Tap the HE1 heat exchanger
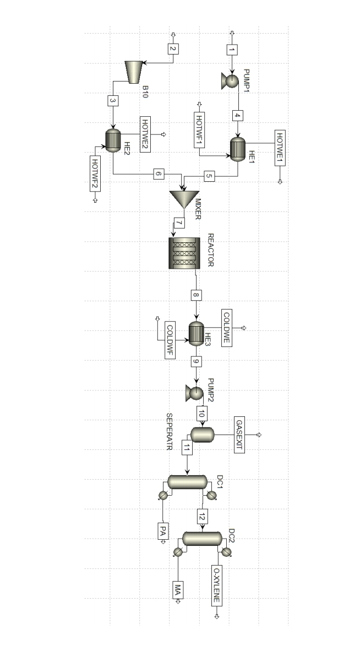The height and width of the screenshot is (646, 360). [238, 148]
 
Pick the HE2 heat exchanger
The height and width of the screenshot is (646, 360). [113, 140]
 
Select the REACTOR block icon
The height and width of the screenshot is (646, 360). [184, 252]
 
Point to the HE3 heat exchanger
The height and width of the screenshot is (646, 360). [197, 333]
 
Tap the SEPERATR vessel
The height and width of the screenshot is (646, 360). [202, 435]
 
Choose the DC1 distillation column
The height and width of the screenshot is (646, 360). [187, 482]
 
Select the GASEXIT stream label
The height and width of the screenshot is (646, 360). [239, 435]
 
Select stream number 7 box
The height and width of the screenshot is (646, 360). [179, 224]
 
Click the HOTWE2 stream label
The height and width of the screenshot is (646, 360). [146, 134]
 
